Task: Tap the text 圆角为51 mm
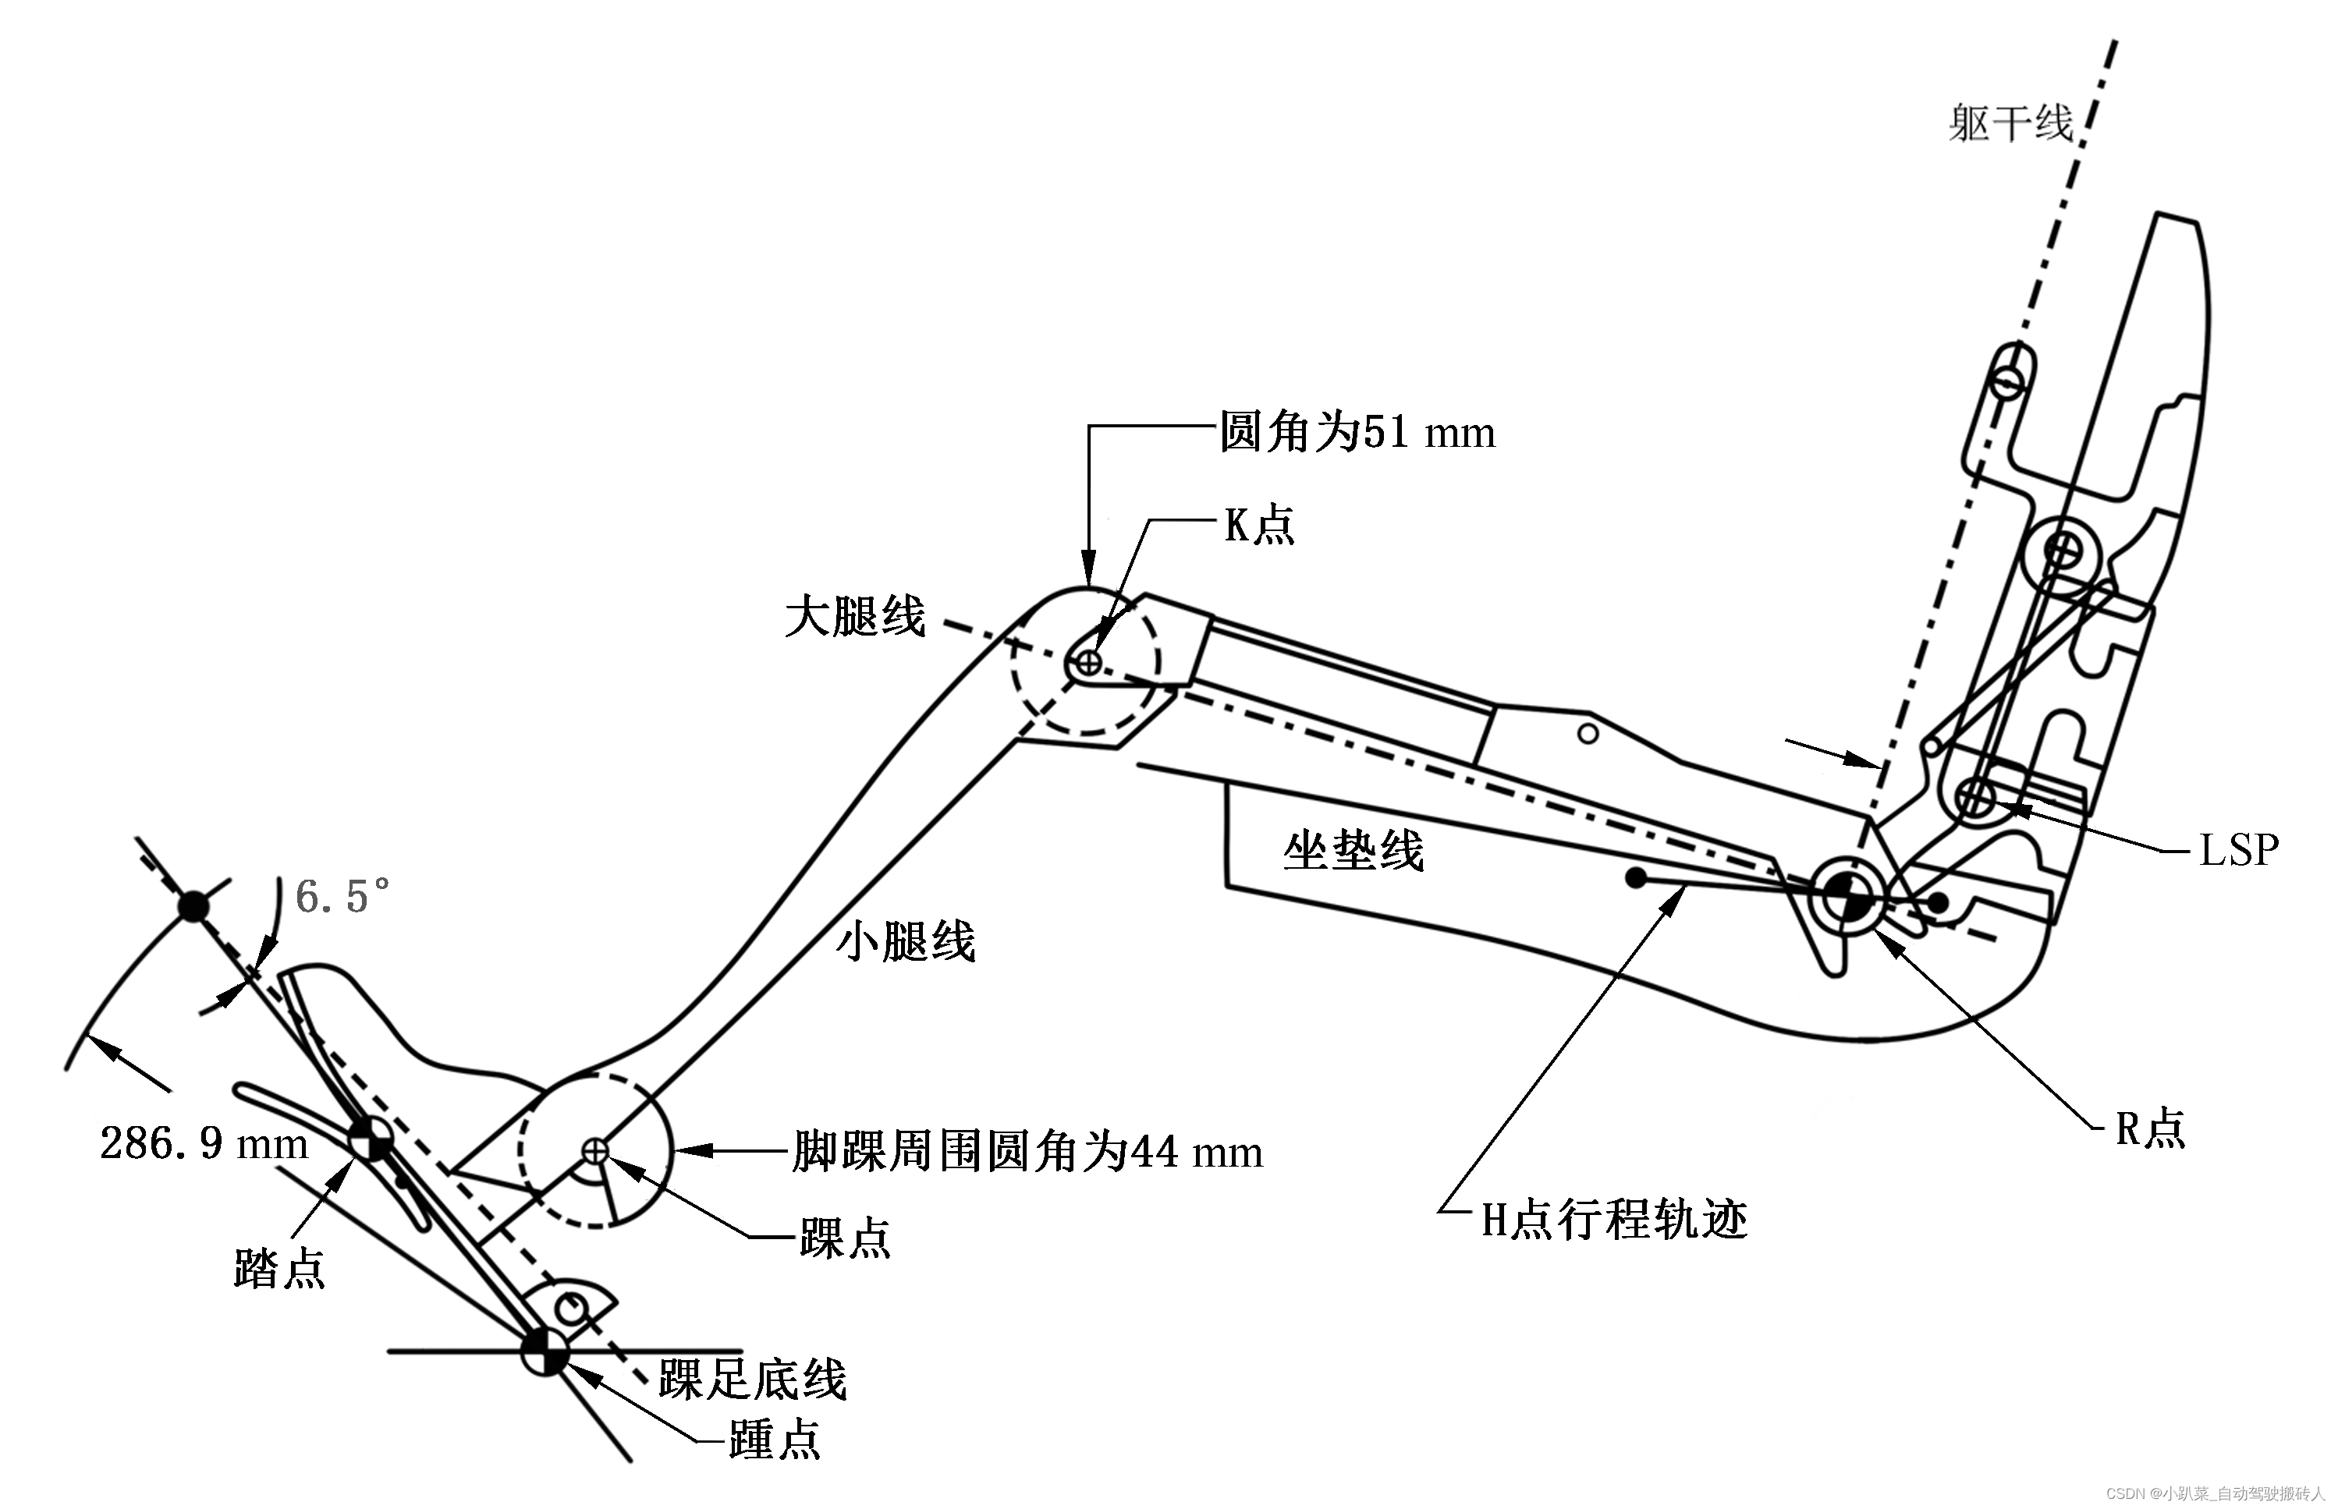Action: pyautogui.click(x=1357, y=432)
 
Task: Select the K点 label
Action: pyautogui.click(x=1258, y=526)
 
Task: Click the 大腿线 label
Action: pyautogui.click(x=855, y=618)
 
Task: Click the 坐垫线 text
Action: pyautogui.click(x=1353, y=851)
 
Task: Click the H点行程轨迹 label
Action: pyautogui.click(x=1613, y=1221)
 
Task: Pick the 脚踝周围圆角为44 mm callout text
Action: pyautogui.click(x=1027, y=1153)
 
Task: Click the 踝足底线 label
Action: pyautogui.click(x=752, y=1380)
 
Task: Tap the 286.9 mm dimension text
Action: pyautogui.click(x=204, y=1143)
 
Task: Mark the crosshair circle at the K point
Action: pyautogui.click(x=1089, y=664)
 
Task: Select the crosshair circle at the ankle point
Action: pyautogui.click(x=595, y=1149)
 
